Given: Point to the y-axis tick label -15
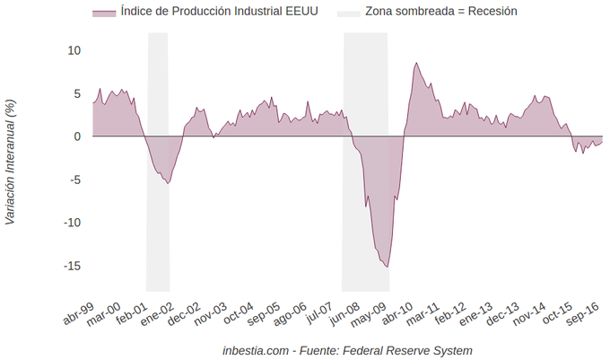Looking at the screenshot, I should coord(72,266).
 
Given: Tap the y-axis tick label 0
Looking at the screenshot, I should coord(78,136).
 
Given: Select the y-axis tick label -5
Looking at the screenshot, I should coord(75,180).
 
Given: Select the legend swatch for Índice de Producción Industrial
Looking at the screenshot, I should coord(103,12).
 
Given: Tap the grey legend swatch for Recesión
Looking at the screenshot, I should coord(348,12).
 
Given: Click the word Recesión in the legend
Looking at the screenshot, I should coord(492,12).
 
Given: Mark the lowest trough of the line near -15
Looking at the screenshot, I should coord(388,267).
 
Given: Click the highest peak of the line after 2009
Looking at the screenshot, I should coord(416,63).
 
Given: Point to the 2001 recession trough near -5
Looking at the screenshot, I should coord(167,183).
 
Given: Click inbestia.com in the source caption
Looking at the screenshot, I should coord(255,350).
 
